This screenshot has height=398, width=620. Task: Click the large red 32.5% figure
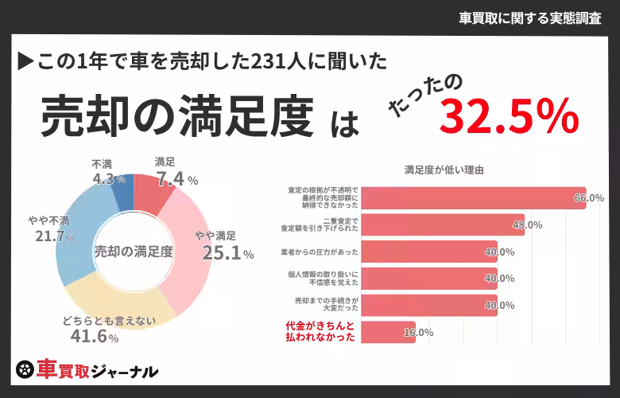pos(509,118)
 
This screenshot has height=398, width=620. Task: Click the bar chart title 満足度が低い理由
pos(444,170)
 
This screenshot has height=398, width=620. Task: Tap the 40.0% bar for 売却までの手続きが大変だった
pos(430,305)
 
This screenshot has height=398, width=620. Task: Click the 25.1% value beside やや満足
pos(227,254)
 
